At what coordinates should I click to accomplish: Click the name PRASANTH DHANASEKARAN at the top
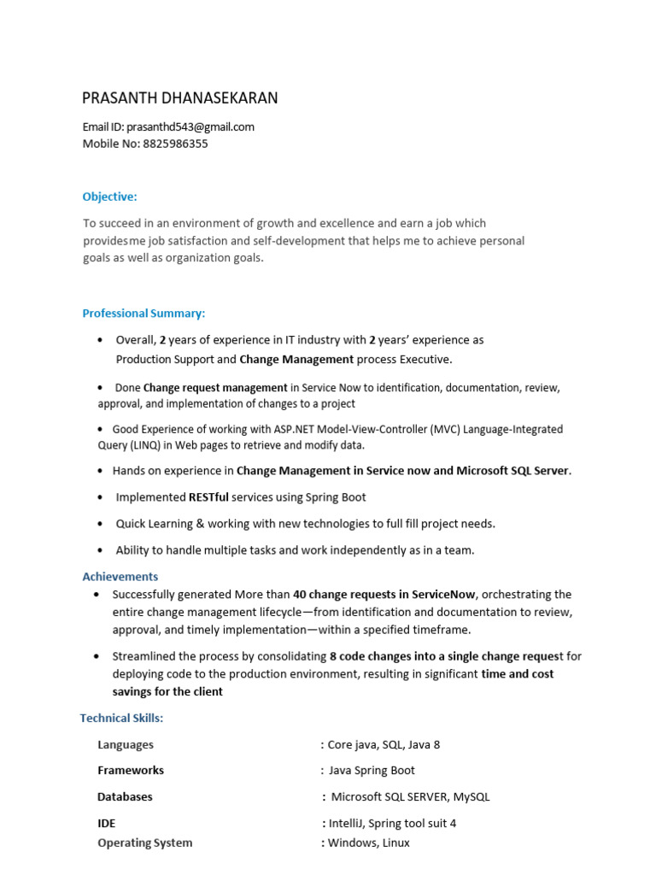click(179, 98)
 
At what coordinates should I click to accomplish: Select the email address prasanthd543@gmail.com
click(196, 126)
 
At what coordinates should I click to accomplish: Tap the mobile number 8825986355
click(175, 144)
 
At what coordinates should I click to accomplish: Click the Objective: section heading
click(109, 197)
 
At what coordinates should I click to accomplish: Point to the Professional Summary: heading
click(143, 314)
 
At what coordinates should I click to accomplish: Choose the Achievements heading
click(120, 577)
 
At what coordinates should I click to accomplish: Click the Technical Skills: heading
click(121, 718)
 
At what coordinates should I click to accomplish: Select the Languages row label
click(126, 744)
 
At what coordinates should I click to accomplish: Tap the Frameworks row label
click(131, 770)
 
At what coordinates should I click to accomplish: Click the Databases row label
click(125, 796)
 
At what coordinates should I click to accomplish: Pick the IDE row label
click(107, 823)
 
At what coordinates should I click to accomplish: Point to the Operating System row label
click(144, 843)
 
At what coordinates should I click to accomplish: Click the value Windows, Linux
click(368, 843)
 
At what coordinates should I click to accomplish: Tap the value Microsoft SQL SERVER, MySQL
click(410, 796)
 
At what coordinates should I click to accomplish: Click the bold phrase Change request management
click(215, 387)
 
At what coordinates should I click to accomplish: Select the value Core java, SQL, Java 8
click(384, 744)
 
